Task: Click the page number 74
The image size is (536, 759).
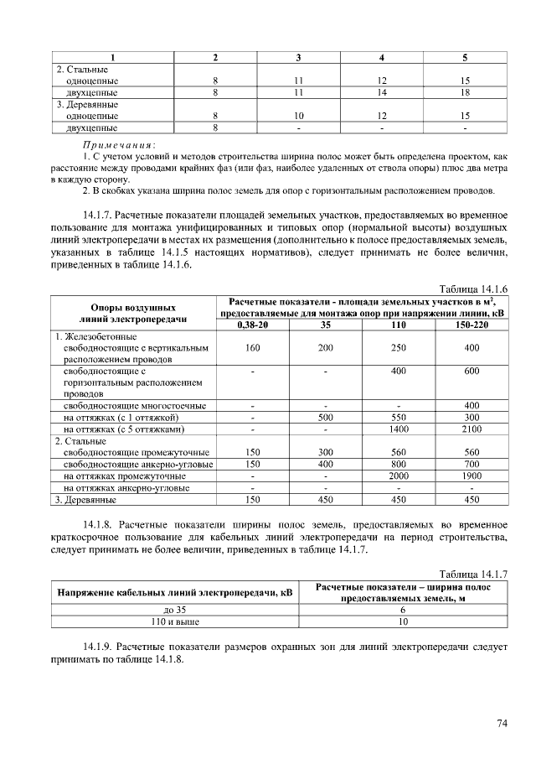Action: tap(502, 723)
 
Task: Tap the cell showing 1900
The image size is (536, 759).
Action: tap(472, 476)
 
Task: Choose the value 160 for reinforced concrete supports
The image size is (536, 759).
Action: tap(252, 347)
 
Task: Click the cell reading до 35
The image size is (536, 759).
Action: tap(176, 611)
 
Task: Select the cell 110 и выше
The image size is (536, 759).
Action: tap(176, 622)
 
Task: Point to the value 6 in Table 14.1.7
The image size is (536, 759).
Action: tap(403, 611)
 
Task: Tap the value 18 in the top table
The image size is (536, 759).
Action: tap(465, 92)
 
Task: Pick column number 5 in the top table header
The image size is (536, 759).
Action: tap(465, 57)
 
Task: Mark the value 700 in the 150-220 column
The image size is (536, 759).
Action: tap(472, 464)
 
